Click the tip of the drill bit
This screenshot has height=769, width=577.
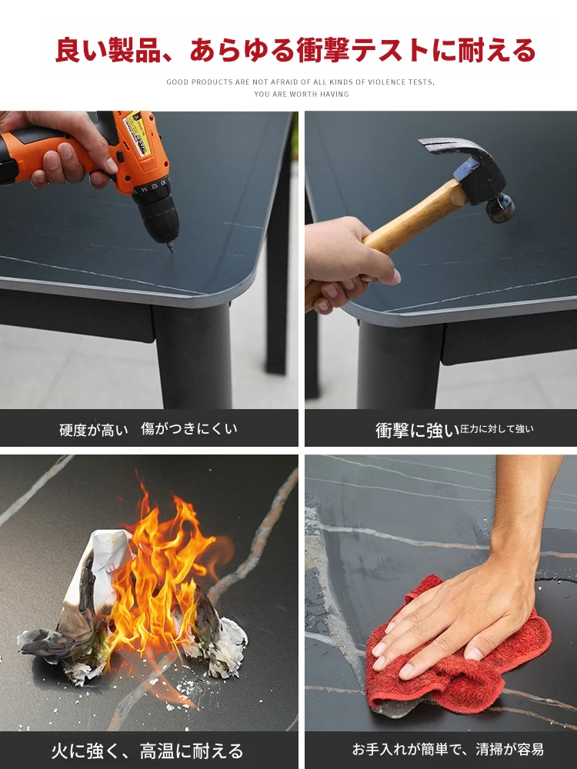coord(172,251)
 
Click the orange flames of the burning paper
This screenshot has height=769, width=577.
coord(157,579)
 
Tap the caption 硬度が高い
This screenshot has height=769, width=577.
coord(94,430)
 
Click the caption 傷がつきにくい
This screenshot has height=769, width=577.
coord(189,428)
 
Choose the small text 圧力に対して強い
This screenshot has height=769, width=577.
coord(496,428)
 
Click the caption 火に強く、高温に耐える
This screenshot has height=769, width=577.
coord(147,751)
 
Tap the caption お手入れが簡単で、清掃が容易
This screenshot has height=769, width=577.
coord(448,749)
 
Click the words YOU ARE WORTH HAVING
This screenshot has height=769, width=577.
coord(302,94)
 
